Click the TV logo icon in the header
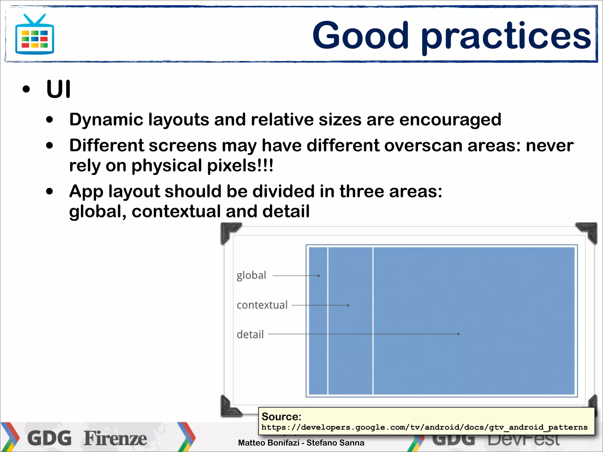(34, 35)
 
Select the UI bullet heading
(58, 89)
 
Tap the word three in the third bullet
(361, 191)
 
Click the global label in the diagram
(251, 275)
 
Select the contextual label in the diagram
(262, 305)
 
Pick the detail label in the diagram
(250, 335)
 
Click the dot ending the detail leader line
(458, 334)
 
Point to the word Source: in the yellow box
(281, 417)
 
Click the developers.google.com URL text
(424, 427)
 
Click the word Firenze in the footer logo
(115, 438)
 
